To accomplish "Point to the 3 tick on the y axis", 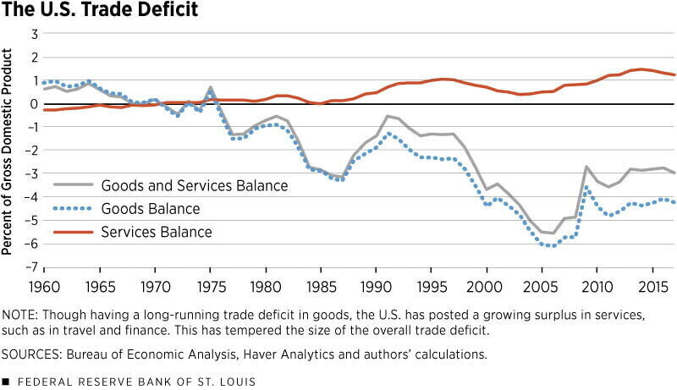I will point(36,34).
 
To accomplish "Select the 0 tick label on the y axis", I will point(36,104).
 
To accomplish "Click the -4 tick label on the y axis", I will point(33,197).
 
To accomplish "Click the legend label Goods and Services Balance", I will point(195,186).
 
